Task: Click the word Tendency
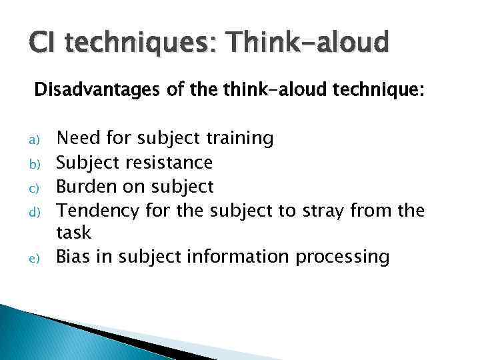(97, 210)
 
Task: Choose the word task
(73, 233)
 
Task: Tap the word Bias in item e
(72, 256)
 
